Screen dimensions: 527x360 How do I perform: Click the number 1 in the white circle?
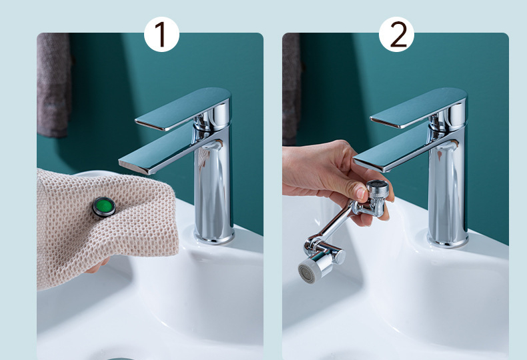click(x=161, y=34)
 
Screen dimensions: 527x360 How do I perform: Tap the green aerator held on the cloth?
click(x=104, y=207)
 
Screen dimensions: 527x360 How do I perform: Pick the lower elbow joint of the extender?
click(x=323, y=249)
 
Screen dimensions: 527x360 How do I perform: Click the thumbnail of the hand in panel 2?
click(x=362, y=193)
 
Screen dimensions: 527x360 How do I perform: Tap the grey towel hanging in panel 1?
click(x=54, y=85)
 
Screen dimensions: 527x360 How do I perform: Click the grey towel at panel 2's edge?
click(x=291, y=88)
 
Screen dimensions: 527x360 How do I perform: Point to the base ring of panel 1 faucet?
click(x=214, y=236)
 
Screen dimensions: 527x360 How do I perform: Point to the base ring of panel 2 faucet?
click(x=448, y=239)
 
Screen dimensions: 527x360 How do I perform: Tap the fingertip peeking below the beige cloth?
click(x=98, y=265)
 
